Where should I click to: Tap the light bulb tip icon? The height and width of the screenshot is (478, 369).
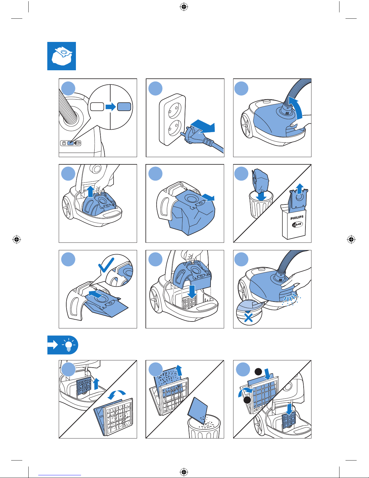point(69,345)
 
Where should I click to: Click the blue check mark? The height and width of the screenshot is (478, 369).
point(106,264)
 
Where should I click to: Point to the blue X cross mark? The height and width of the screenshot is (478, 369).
point(249,318)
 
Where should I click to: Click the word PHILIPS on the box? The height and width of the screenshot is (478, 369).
point(297,217)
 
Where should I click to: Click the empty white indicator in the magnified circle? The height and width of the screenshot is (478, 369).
point(97,107)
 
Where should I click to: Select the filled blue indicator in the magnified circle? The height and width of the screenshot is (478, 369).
point(124,107)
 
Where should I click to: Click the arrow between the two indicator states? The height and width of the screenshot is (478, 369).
point(111,107)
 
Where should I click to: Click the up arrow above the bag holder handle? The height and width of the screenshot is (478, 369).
point(90,192)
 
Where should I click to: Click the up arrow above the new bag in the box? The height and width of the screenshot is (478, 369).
point(300,188)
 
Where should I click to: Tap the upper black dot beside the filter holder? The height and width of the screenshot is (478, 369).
point(258,372)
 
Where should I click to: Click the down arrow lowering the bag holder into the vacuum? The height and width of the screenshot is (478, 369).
point(192,291)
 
